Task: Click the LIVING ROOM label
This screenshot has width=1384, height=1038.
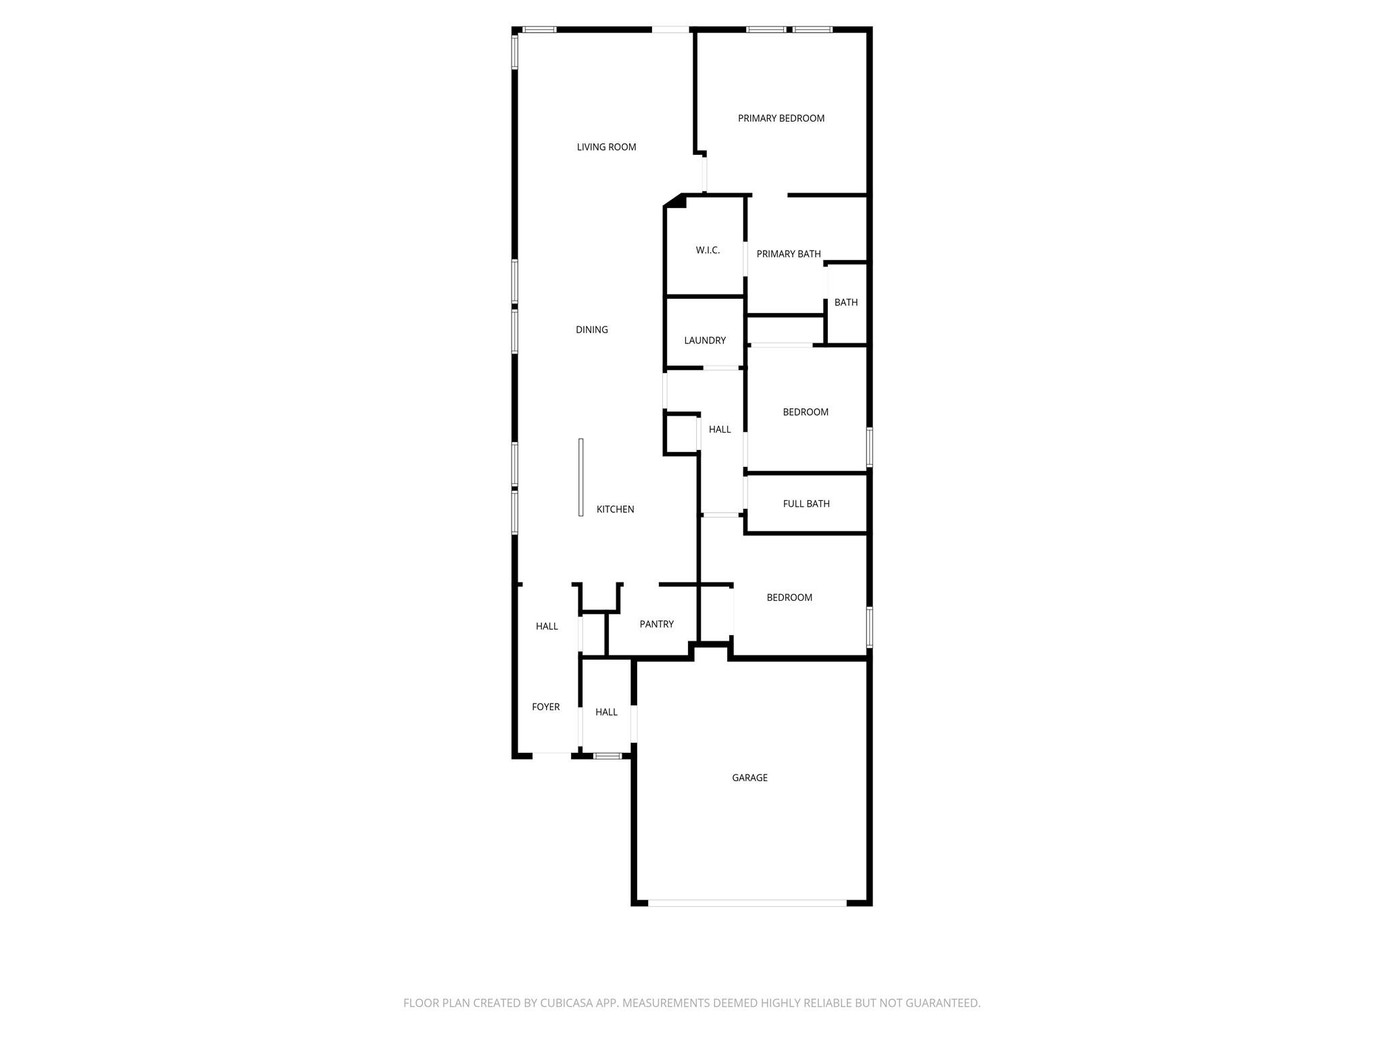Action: click(x=606, y=147)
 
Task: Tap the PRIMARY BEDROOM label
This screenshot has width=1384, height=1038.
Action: click(x=781, y=118)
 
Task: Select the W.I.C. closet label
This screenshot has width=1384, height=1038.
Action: click(x=708, y=250)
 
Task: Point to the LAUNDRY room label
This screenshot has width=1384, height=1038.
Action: click(x=705, y=341)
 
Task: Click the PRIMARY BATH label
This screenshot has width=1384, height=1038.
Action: click(x=789, y=254)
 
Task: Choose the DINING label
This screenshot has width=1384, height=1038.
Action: click(x=592, y=330)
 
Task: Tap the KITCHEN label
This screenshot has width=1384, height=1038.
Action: click(x=615, y=510)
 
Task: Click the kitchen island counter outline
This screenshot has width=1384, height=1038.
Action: click(x=580, y=477)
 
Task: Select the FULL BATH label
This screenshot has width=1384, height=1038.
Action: click(x=806, y=503)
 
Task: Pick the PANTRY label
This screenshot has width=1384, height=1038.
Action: click(x=656, y=624)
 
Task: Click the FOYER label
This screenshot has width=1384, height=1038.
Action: click(x=545, y=707)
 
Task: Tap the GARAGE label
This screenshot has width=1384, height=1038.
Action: click(x=749, y=778)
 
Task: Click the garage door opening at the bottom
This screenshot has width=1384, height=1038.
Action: click(x=747, y=903)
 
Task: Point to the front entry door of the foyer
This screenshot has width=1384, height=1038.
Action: click(x=552, y=755)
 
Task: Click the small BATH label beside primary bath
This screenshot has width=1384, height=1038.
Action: click(x=846, y=302)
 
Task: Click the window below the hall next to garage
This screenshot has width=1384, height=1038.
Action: click(x=608, y=756)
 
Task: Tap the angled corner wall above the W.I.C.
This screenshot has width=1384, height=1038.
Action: click(x=675, y=201)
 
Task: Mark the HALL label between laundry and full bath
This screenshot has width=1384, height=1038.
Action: click(x=720, y=429)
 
